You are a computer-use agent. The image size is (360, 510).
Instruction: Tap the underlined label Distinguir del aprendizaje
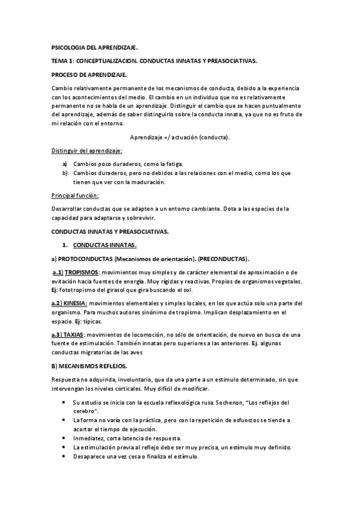coord(87,150)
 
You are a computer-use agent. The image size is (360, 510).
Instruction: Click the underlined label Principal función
coord(76,195)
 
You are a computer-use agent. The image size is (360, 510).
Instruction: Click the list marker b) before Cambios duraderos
coord(65,173)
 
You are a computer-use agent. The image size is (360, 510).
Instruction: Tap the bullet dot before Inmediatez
coord(64,438)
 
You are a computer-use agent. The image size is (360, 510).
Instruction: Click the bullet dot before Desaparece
coord(64,456)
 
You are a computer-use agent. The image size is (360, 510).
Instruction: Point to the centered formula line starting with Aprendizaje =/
coord(180,137)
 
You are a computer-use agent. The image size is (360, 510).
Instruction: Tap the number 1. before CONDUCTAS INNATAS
coord(65,245)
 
